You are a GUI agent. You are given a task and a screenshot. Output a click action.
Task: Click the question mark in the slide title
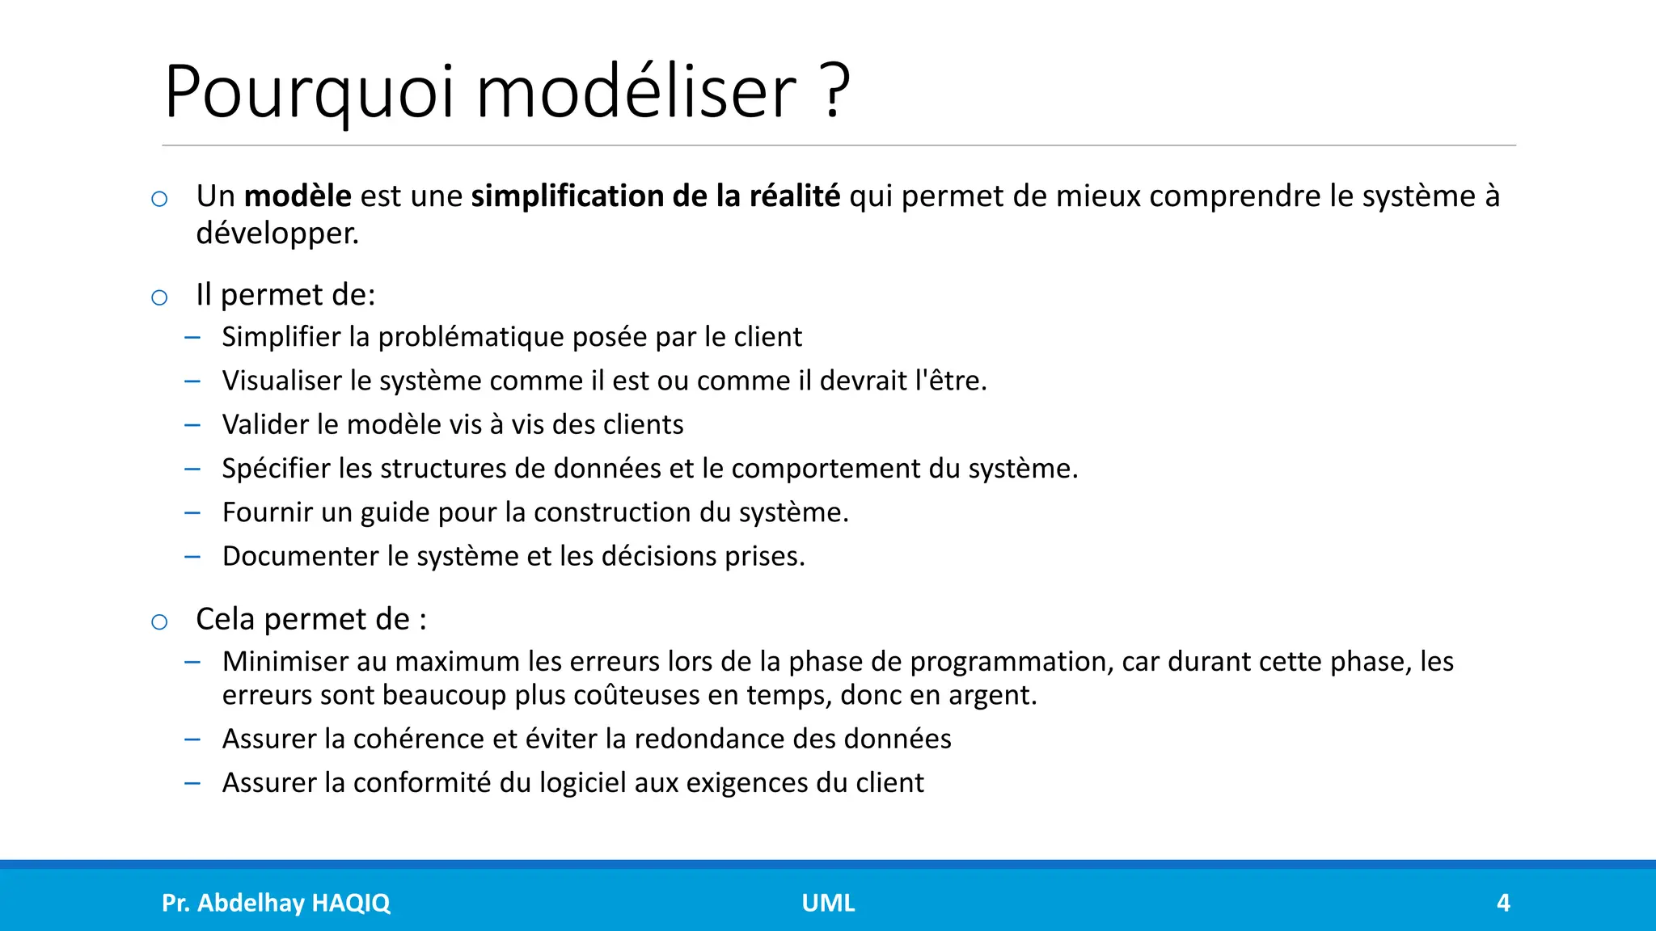pos(836,91)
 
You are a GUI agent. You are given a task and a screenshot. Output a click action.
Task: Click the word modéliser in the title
pos(636,91)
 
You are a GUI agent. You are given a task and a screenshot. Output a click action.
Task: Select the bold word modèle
pos(298,196)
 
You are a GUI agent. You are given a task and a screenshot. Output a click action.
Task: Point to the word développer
pos(277,234)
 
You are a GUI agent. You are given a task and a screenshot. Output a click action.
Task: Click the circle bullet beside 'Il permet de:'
pos(159,297)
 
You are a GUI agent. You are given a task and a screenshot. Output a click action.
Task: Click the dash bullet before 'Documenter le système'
pos(192,556)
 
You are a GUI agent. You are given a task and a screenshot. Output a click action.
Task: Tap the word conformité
pos(422,782)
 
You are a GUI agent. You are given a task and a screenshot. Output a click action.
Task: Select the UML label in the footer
pos(828,903)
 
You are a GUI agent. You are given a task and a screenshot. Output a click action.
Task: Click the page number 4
pos(1503,903)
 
